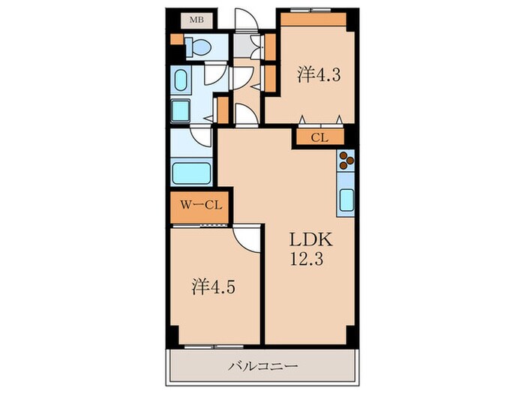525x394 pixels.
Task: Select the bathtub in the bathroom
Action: click(x=191, y=172)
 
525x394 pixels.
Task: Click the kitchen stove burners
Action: click(x=346, y=160)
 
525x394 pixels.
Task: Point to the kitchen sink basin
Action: click(x=347, y=200)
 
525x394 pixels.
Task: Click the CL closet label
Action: click(x=319, y=137)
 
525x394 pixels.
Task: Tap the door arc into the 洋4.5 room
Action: click(x=244, y=239)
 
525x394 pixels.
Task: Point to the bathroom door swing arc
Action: click(x=201, y=136)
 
